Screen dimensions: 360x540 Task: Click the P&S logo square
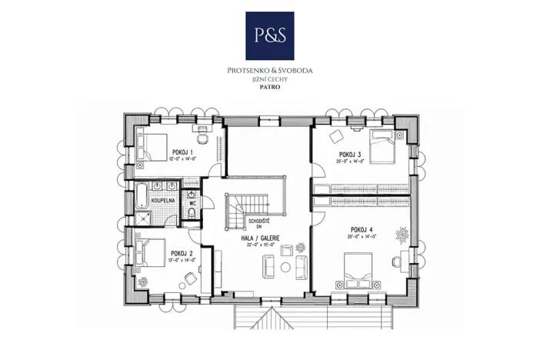click(x=269, y=35)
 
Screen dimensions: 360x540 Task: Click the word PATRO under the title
click(x=269, y=88)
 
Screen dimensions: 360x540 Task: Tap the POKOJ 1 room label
click(x=182, y=152)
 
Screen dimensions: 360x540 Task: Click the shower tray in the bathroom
click(x=144, y=217)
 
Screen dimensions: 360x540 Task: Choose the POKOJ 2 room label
click(x=181, y=253)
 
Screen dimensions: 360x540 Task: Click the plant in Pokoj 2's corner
click(x=142, y=282)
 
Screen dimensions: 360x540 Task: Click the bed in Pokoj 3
click(x=384, y=146)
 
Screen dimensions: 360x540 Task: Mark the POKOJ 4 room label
click(x=362, y=229)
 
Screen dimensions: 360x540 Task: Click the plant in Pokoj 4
click(x=402, y=232)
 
